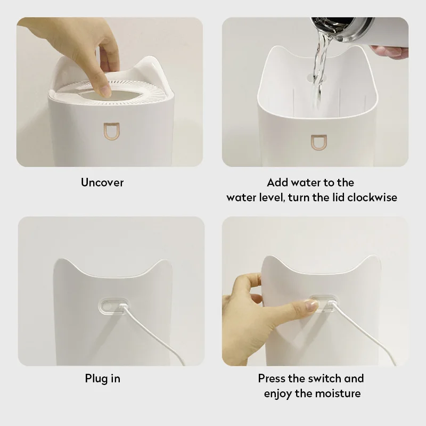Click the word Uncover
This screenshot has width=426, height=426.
click(x=102, y=183)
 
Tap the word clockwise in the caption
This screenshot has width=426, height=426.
click(x=372, y=198)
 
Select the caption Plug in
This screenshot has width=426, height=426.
click(x=102, y=379)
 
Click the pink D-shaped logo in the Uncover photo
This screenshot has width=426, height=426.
click(x=112, y=132)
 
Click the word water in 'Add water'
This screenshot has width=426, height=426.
click(x=304, y=183)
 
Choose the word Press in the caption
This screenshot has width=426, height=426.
click(x=273, y=379)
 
